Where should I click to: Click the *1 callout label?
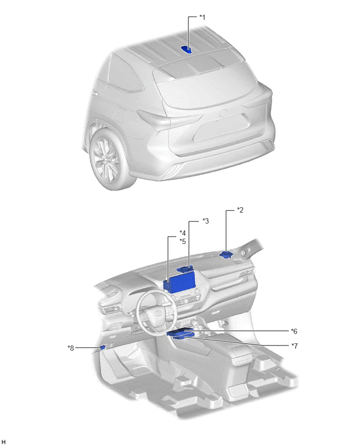pyautogui.click(x=202, y=17)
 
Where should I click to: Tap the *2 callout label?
pyautogui.click(x=240, y=210)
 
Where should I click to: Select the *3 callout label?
pyautogui.click(x=205, y=221)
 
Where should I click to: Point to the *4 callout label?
pyautogui.click(x=183, y=233)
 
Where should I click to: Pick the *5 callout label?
pyautogui.click(x=183, y=241)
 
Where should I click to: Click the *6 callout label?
pyautogui.click(x=294, y=331)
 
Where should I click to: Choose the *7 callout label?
pyautogui.click(x=295, y=345)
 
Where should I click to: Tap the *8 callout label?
pyautogui.click(x=71, y=348)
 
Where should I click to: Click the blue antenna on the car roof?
pyautogui.click(x=187, y=49)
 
